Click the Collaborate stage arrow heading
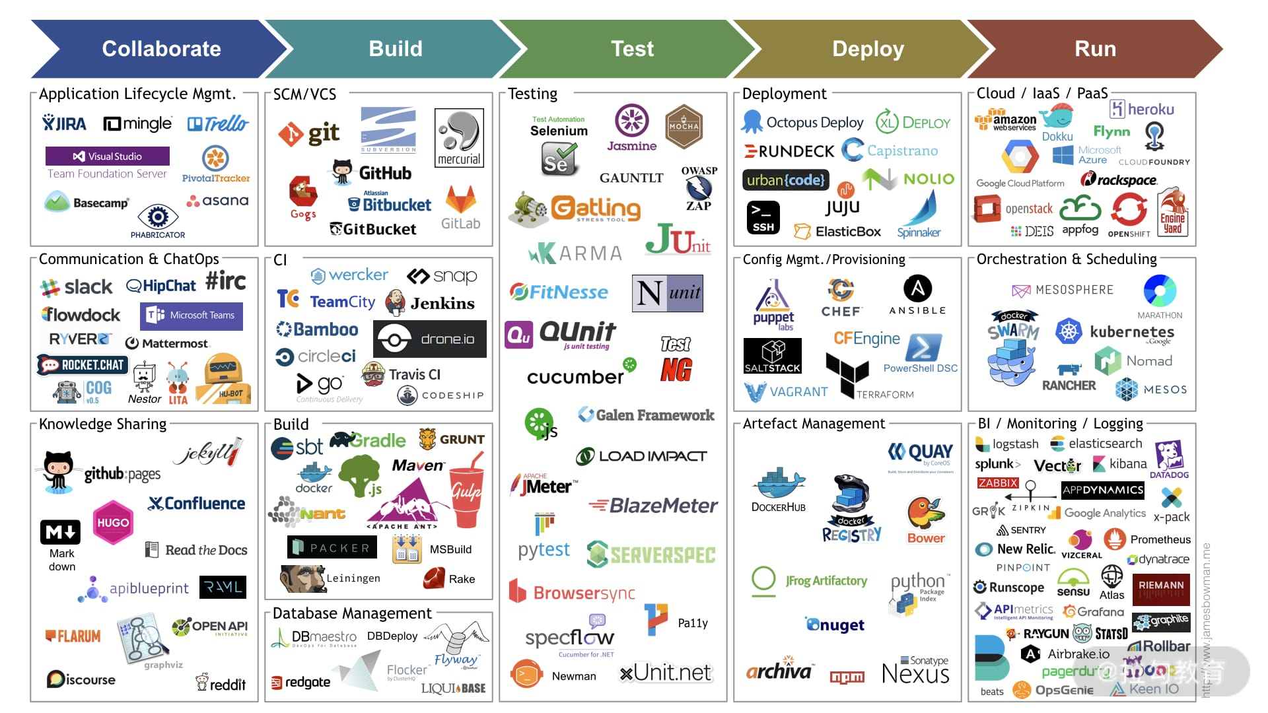point(161,49)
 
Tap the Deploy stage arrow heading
point(868,49)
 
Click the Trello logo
point(217,123)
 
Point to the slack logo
point(77,287)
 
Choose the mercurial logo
point(459,138)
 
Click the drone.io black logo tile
point(430,339)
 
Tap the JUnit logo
point(678,240)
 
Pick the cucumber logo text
point(575,376)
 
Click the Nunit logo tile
point(667,293)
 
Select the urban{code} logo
point(785,180)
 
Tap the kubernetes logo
point(1117,331)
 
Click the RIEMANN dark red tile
point(1160,589)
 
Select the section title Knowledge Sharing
point(102,424)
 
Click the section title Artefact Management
point(814,424)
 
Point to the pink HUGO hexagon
point(113,522)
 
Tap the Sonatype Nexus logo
point(915,670)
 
